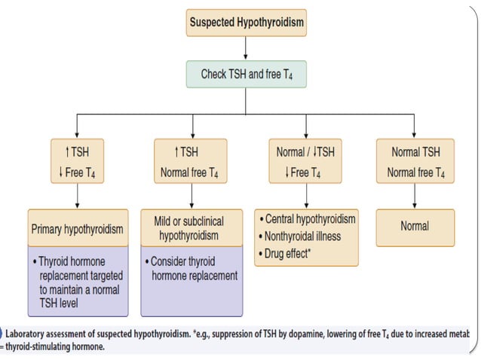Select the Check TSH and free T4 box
246,75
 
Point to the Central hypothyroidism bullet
308,219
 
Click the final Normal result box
415,226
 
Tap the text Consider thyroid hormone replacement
193,268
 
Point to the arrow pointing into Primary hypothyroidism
75,197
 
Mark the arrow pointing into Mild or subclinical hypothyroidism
191,197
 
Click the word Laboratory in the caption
32,333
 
